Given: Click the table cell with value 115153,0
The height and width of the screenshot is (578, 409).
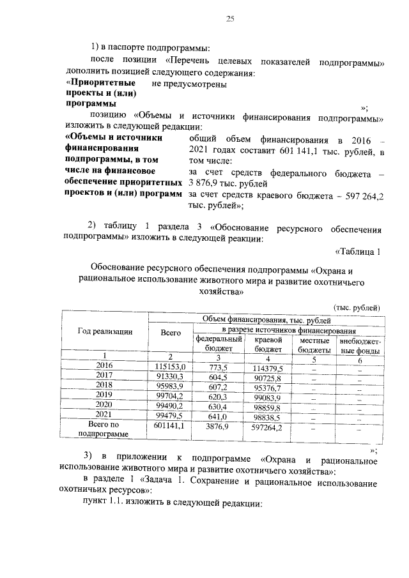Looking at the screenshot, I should pyautogui.click(x=170, y=366).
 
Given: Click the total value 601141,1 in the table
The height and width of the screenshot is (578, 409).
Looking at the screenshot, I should pyautogui.click(x=170, y=425).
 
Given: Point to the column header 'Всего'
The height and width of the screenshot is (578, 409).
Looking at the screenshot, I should pyautogui.click(x=170, y=331).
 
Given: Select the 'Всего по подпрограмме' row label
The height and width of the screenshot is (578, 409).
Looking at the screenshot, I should pyautogui.click(x=104, y=429).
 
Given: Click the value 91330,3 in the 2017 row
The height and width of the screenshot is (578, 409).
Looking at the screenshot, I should pyautogui.click(x=170, y=377).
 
